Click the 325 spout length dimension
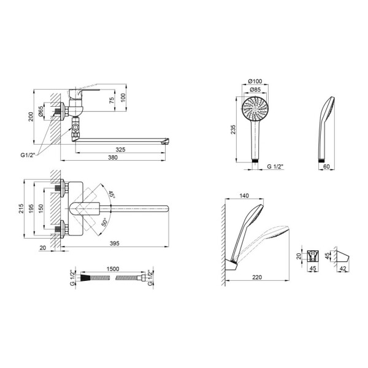click(x=120, y=149)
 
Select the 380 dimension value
click(x=113, y=157)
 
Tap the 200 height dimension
click(x=31, y=117)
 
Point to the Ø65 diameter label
click(x=40, y=111)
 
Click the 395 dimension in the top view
click(x=115, y=243)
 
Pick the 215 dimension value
click(x=21, y=209)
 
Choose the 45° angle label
click(x=111, y=194)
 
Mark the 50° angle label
click(x=104, y=222)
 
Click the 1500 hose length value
click(x=113, y=269)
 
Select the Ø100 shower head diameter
click(x=255, y=81)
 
